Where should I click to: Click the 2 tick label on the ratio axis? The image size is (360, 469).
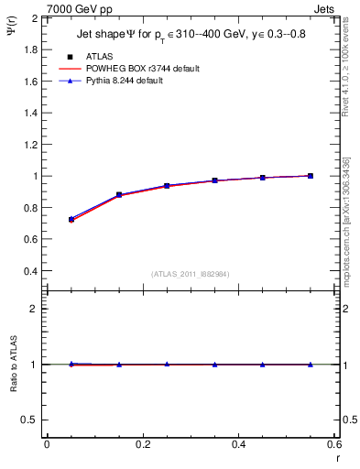click(37, 309)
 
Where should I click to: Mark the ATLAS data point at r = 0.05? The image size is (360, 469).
click(71, 219)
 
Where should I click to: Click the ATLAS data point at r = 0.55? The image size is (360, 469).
click(311, 176)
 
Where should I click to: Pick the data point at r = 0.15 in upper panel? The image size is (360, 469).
click(118, 195)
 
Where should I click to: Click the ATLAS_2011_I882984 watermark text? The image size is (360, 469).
click(190, 275)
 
